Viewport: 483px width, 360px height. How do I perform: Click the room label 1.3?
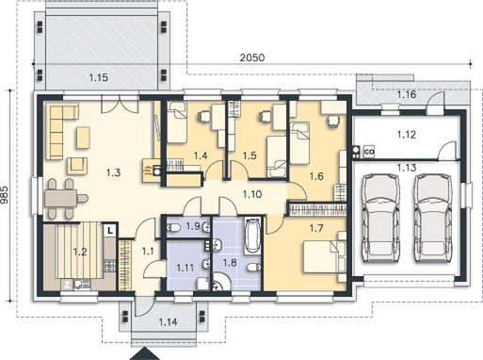(113, 172)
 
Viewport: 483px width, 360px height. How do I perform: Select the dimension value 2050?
(251, 57)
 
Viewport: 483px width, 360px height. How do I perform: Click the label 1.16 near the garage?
(407, 95)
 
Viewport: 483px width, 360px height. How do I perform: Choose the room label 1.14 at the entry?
(169, 322)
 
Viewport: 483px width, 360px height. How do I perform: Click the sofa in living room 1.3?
(63, 132)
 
